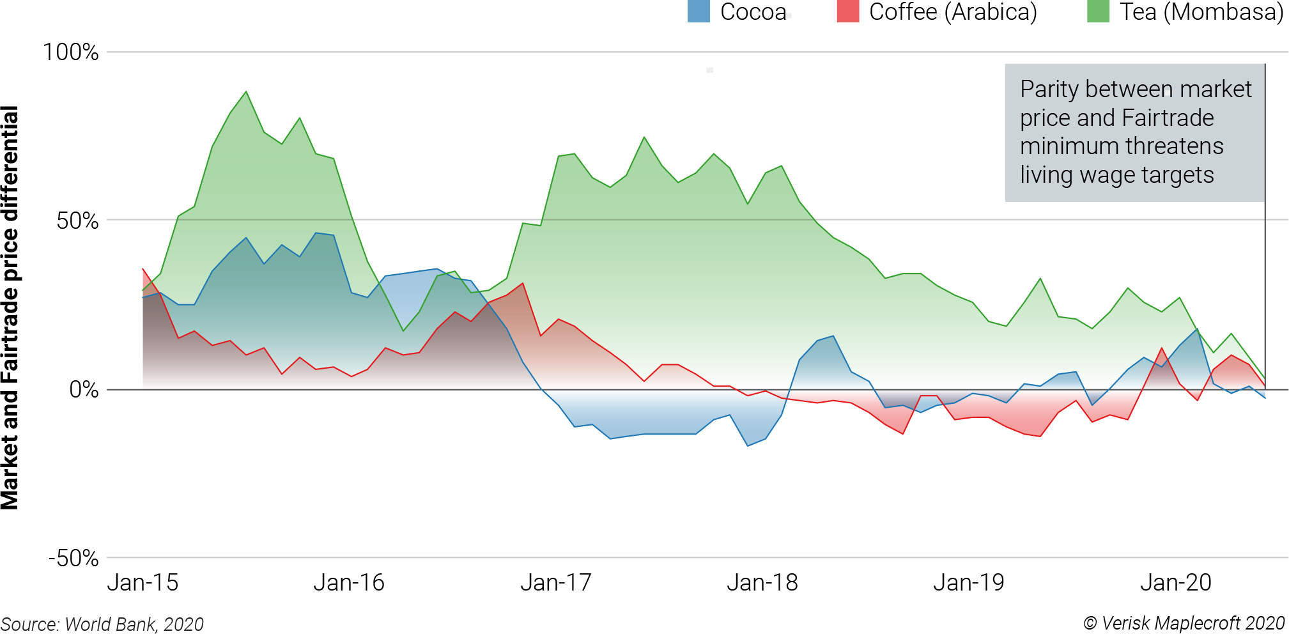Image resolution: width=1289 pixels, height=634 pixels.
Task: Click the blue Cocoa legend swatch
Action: coord(699,12)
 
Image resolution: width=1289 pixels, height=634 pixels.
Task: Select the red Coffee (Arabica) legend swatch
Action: coord(847,12)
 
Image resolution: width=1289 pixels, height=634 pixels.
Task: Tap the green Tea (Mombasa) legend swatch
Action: coord(1098,12)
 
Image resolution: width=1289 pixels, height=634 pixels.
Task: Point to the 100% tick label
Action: coord(71,52)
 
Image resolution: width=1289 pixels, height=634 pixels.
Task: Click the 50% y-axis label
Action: coord(77,221)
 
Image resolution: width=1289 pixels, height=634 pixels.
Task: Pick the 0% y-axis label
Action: coord(84,389)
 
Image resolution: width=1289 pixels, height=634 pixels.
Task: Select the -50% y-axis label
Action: coord(73,558)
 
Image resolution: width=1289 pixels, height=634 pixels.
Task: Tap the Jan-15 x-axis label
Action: coord(143,583)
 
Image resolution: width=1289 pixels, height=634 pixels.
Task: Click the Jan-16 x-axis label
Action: coord(349,583)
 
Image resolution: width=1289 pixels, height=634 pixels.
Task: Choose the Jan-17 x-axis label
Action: coord(556,583)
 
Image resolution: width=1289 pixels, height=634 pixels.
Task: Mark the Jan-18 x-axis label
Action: coord(762,583)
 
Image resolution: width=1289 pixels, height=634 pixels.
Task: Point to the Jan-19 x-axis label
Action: coord(969,583)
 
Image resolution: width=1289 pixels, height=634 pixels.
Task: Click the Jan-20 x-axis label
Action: coord(1176,583)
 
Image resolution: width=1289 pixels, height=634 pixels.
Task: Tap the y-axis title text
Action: coord(10,307)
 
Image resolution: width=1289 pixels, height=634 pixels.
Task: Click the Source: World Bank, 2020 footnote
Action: coord(102,624)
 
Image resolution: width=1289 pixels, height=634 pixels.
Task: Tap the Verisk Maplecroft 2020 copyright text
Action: coord(1184,623)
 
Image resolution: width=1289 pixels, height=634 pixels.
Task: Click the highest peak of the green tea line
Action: coord(246,92)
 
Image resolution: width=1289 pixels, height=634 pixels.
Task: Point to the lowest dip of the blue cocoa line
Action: coord(748,445)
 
